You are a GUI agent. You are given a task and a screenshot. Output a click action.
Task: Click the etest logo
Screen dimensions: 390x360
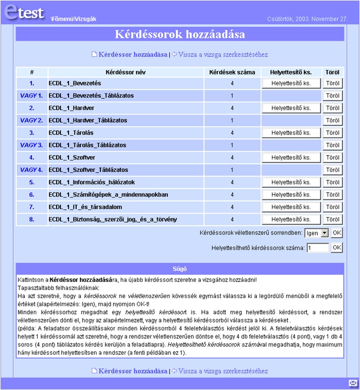24,12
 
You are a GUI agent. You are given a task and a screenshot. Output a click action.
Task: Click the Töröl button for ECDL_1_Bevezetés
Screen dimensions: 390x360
333,83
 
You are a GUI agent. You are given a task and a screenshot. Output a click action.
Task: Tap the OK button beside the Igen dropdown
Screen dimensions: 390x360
336,233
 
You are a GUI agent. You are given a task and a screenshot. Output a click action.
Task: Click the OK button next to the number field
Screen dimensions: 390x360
336,248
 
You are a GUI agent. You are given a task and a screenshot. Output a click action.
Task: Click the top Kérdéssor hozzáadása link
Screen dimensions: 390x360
133,55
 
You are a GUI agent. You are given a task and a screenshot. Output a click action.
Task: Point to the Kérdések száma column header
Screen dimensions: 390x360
232,72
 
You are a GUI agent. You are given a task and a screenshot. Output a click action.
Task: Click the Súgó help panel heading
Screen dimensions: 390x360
180,268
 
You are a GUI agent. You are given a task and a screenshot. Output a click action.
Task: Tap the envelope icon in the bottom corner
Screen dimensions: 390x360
352,383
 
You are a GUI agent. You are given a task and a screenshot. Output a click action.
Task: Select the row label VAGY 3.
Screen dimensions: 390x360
31,145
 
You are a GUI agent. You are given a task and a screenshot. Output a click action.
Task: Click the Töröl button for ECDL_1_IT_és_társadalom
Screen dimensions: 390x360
333,207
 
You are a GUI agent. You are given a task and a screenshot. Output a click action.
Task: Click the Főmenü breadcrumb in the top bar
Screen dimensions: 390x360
62,19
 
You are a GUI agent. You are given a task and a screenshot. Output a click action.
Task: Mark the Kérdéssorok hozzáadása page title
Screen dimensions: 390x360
180,35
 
